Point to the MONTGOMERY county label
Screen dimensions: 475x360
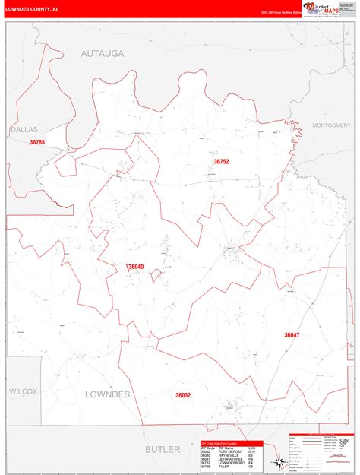click(331, 125)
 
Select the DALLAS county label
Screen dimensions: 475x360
click(24, 130)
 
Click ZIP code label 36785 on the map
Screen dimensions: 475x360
click(38, 142)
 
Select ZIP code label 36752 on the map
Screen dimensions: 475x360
click(221, 162)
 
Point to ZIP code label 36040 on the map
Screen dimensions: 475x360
click(136, 267)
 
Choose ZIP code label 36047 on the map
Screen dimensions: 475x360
click(292, 335)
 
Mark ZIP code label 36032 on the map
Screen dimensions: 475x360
click(183, 395)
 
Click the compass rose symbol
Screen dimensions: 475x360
click(279, 460)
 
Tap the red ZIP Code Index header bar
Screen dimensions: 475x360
click(231, 443)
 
